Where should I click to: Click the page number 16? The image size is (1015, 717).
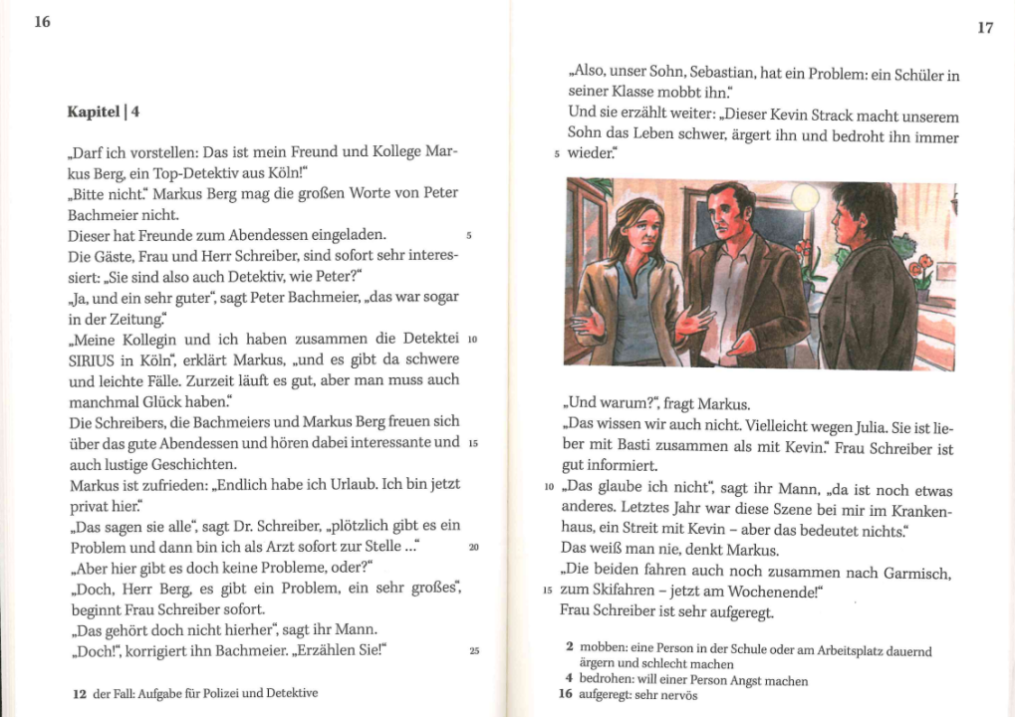(x=42, y=22)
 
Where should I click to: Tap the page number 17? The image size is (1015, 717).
(x=984, y=28)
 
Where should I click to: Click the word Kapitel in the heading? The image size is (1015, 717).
(x=93, y=112)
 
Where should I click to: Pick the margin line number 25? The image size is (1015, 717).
(x=474, y=651)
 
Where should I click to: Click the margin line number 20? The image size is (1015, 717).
(x=474, y=548)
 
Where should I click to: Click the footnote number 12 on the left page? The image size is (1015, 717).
(x=80, y=693)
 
